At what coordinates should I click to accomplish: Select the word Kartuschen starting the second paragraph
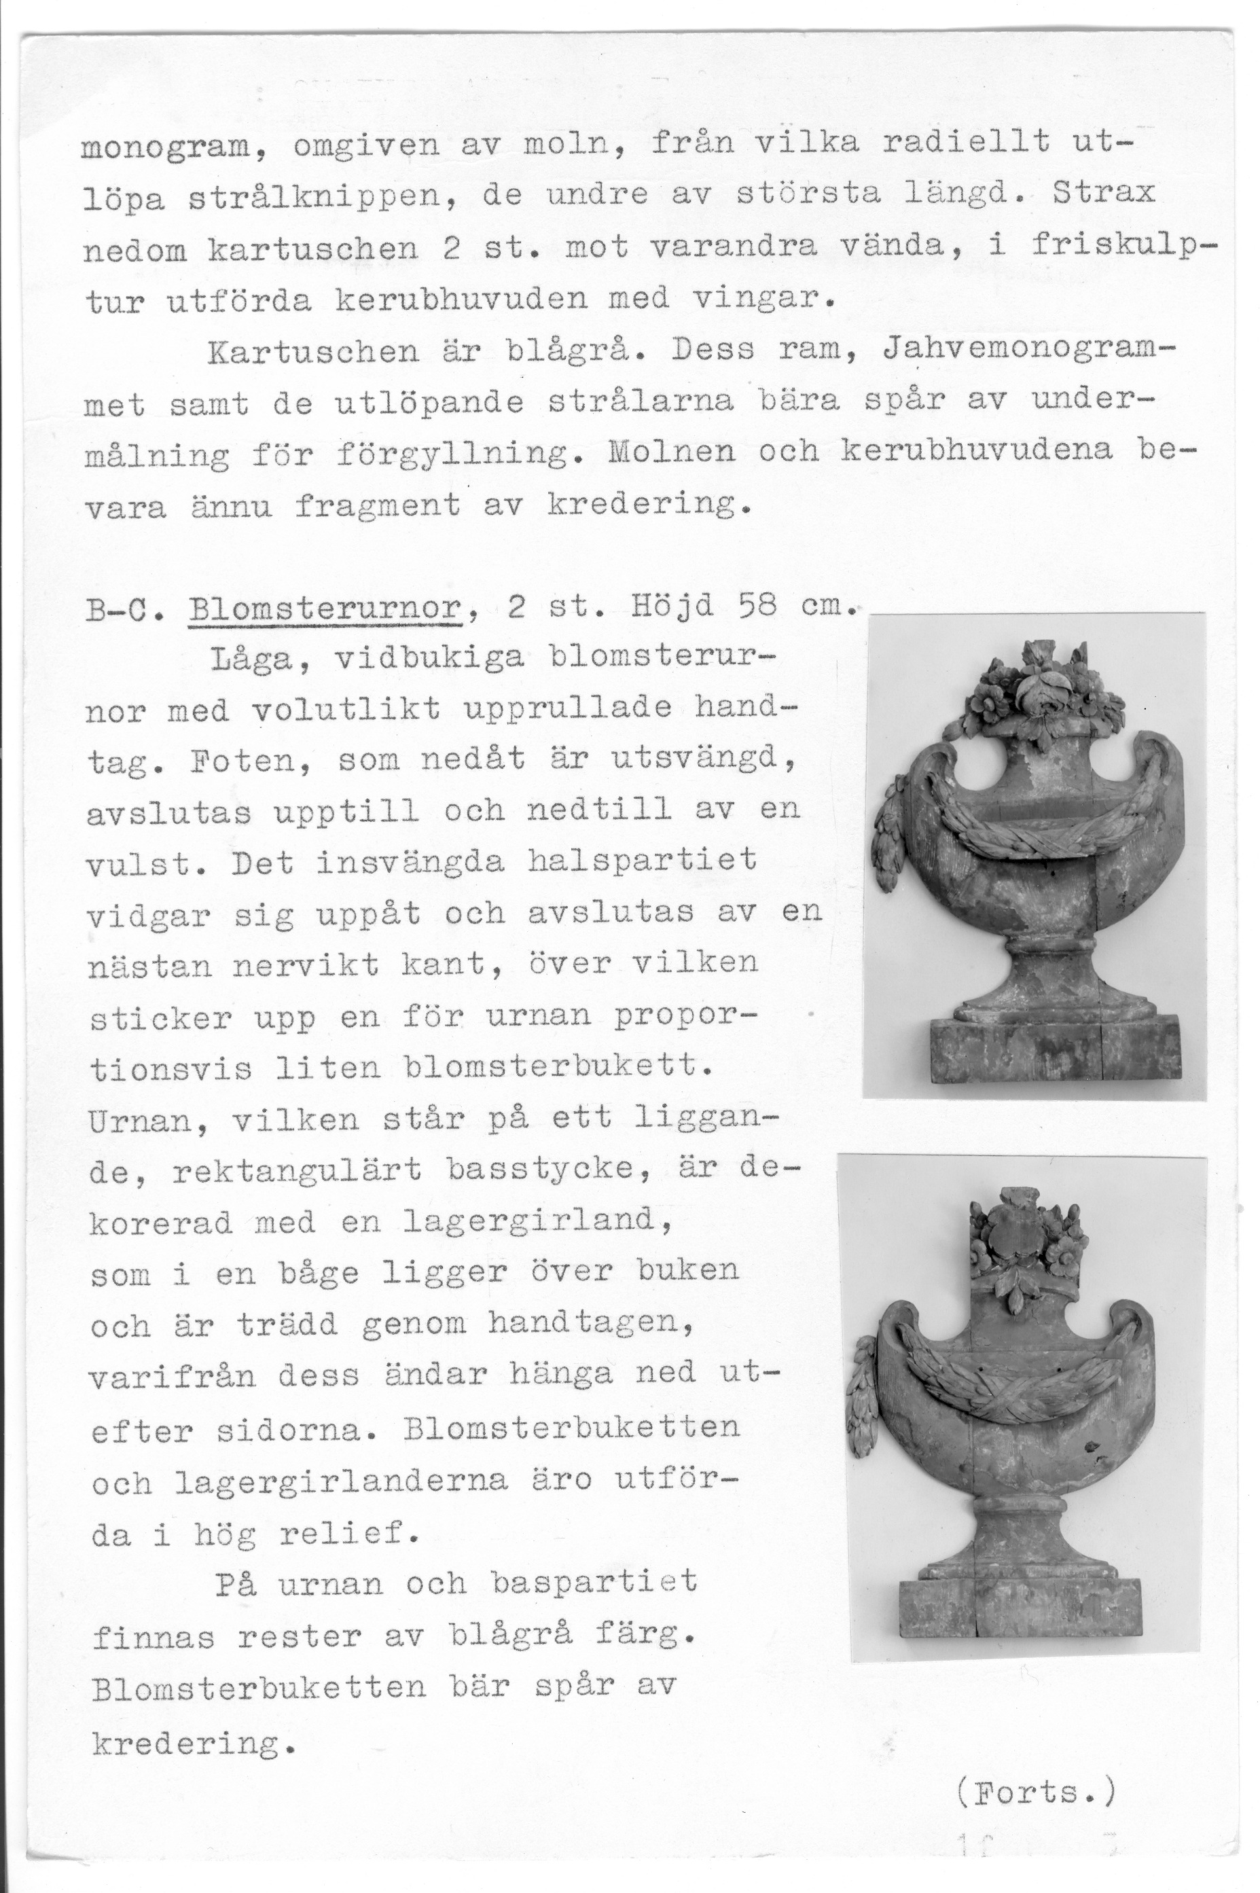pos(313,352)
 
